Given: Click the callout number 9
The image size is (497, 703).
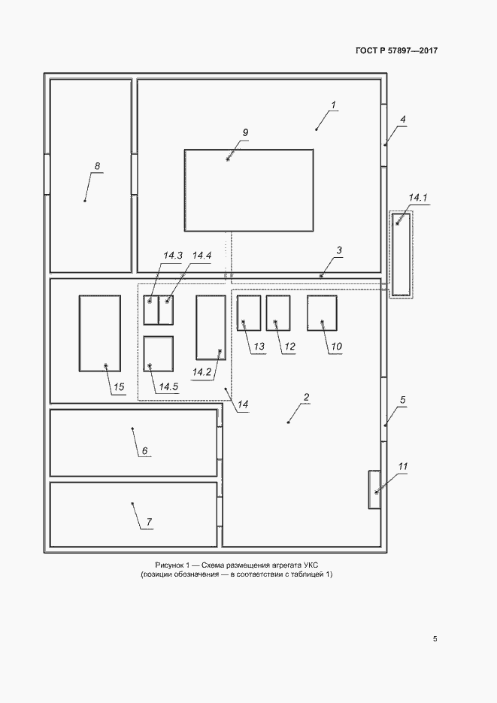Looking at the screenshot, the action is pyautogui.click(x=245, y=133).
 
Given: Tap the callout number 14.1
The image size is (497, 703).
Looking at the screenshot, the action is pyautogui.click(x=418, y=198).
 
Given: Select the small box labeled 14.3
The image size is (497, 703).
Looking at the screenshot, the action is pyautogui.click(x=151, y=310).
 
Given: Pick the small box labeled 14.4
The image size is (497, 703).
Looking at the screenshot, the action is pyautogui.click(x=166, y=310).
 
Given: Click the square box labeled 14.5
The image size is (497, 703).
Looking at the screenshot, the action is pyautogui.click(x=158, y=353).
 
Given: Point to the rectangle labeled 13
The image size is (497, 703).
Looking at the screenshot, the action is pyautogui.click(x=249, y=313).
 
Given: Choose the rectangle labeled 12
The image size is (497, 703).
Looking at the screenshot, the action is pyautogui.click(x=278, y=313).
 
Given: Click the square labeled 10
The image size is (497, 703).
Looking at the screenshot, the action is pyautogui.click(x=323, y=313).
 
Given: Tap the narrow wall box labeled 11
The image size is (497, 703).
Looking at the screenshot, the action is pyautogui.click(x=374, y=489).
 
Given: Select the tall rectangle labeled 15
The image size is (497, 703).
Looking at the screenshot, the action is pyautogui.click(x=99, y=333).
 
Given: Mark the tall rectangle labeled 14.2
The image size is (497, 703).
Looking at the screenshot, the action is pyautogui.click(x=211, y=327).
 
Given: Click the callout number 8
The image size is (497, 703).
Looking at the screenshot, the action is pyautogui.click(x=97, y=166).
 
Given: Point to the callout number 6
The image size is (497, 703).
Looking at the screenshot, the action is pyautogui.click(x=145, y=450).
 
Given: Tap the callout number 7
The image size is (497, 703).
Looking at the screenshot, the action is pyautogui.click(x=149, y=522).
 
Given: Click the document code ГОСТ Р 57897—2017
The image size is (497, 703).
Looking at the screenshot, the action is pyautogui.click(x=396, y=50).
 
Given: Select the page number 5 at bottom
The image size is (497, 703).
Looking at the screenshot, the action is pyautogui.click(x=435, y=639).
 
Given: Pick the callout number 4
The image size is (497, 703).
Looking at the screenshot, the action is pyautogui.click(x=402, y=120).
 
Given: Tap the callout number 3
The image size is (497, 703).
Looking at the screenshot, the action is pyautogui.click(x=339, y=250).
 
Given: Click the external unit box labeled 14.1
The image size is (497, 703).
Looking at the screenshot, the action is pyautogui.click(x=401, y=255).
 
